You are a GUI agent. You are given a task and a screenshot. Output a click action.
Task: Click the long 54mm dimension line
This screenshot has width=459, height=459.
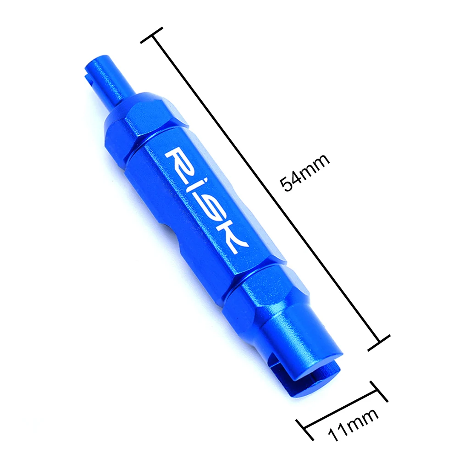click(x=266, y=188)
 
